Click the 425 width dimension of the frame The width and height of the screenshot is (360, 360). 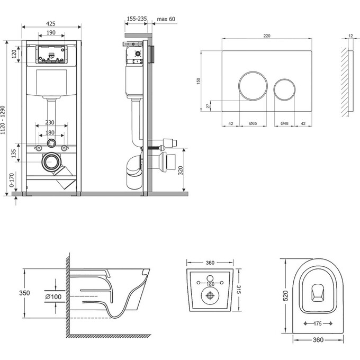click(51, 23)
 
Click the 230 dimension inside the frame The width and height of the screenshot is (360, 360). click(51, 121)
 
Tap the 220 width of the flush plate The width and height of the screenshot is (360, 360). click(265, 35)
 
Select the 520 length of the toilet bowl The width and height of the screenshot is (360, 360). click(285, 294)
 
